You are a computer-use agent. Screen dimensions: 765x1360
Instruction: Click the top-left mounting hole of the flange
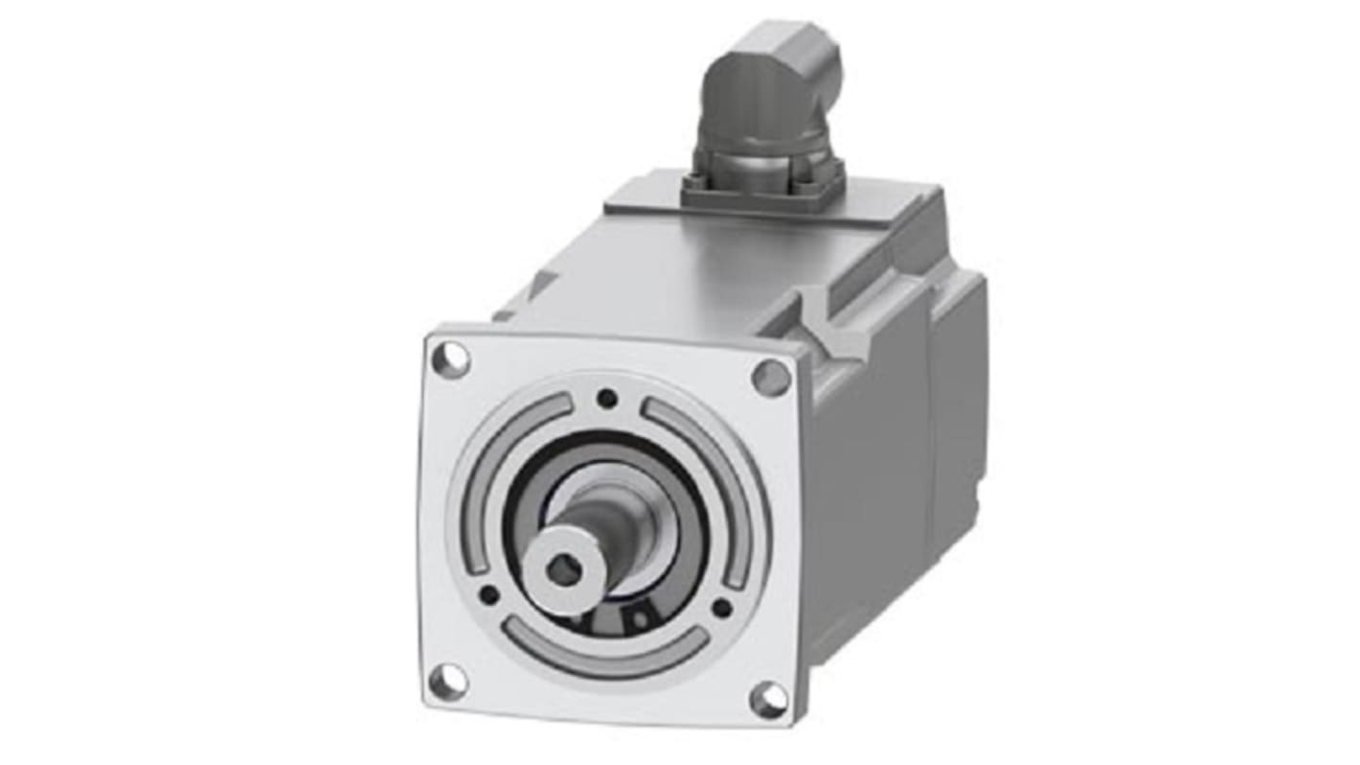[450, 359]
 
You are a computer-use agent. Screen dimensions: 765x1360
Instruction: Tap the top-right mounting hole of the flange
[771, 378]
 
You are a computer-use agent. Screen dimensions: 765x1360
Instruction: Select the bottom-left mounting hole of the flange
[448, 682]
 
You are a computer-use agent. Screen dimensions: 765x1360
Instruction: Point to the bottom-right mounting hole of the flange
[769, 700]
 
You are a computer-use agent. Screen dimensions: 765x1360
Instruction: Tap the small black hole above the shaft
[606, 398]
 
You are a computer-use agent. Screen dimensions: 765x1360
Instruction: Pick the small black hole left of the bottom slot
[489, 594]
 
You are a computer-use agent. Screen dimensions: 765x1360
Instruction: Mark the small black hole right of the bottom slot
[722, 606]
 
